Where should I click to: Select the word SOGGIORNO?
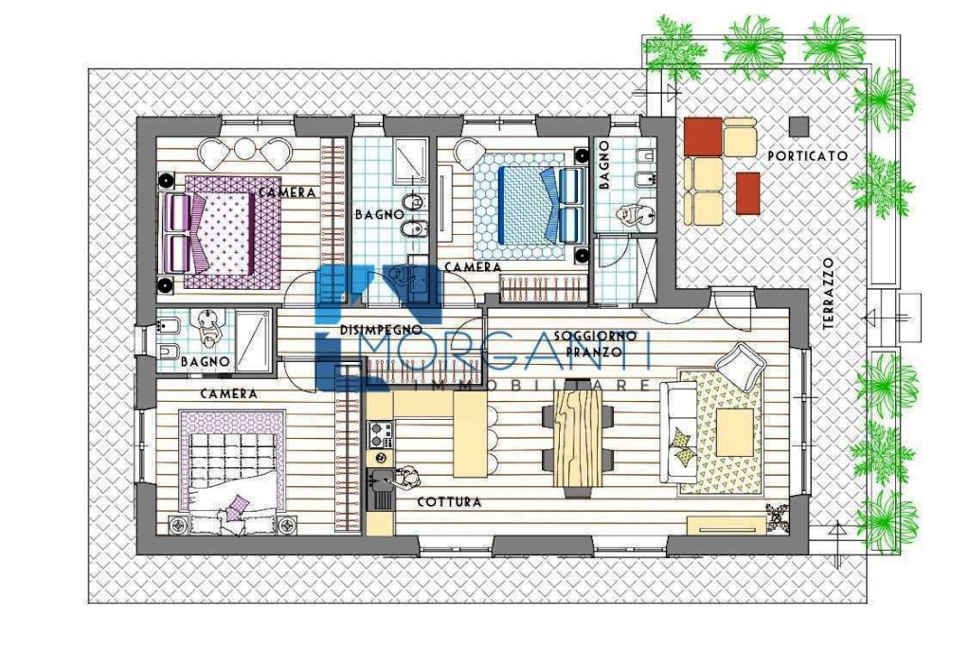[595, 336]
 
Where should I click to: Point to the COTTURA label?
[449, 502]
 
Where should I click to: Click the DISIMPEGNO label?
[381, 330]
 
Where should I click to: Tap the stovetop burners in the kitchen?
[380, 434]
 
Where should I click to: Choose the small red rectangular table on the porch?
[748, 193]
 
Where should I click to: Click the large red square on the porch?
[703, 136]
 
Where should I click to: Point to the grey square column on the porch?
[799, 127]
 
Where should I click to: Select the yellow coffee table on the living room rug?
[734, 432]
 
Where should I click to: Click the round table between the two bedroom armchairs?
[245, 149]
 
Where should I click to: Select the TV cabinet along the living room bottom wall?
[727, 525]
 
